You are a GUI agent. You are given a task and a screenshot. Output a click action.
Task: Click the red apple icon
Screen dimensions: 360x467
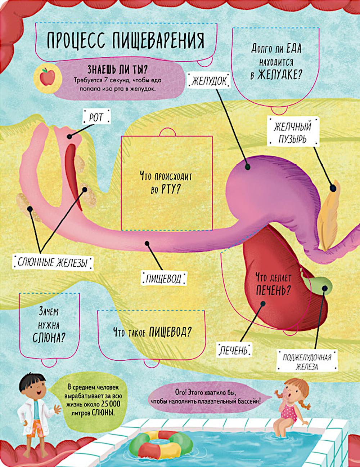(x=47, y=77)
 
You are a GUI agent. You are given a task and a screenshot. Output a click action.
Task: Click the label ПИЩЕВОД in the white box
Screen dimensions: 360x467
(x=163, y=279)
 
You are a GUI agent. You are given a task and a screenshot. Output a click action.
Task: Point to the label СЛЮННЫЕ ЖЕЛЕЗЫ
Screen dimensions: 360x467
(x=53, y=262)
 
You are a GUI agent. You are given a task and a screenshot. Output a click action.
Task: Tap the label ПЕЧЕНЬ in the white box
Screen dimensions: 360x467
(x=234, y=350)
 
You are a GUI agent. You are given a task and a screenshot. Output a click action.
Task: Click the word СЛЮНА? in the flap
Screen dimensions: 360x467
(x=49, y=338)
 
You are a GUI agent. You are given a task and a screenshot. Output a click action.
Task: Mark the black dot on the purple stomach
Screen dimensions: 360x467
(x=248, y=167)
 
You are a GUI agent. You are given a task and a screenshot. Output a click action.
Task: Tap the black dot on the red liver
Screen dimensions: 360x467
(x=263, y=303)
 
